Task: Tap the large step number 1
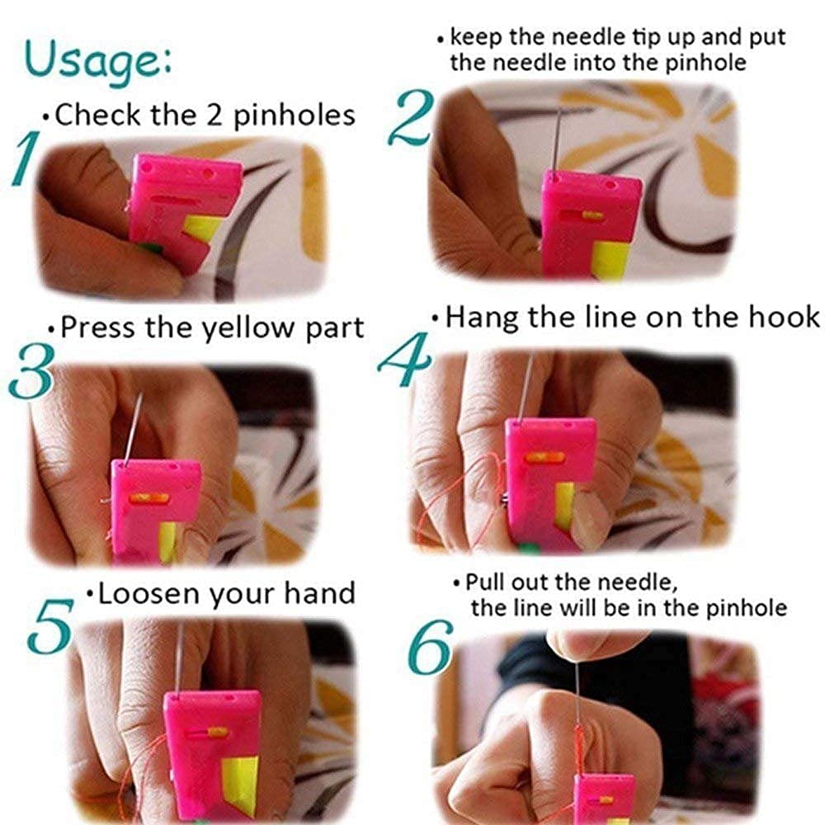[26, 158]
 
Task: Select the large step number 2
[412, 118]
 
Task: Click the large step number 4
[405, 360]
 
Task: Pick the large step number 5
[50, 626]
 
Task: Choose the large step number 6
[431, 647]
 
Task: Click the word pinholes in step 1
[295, 115]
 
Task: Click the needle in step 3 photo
[133, 427]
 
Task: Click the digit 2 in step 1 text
[214, 115]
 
